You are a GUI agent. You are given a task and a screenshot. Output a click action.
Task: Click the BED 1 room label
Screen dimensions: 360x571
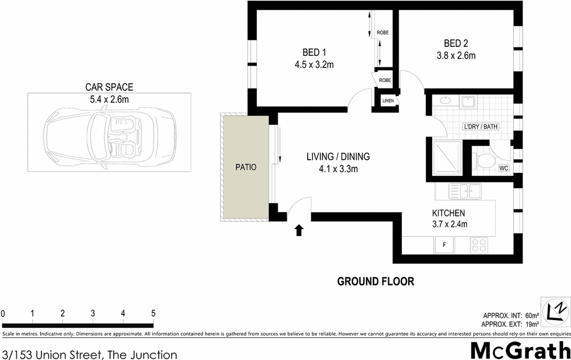click(x=310, y=52)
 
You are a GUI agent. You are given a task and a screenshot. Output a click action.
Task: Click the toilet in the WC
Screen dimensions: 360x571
click(x=485, y=160)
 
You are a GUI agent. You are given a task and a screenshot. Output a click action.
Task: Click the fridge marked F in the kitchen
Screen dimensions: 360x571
click(x=444, y=245)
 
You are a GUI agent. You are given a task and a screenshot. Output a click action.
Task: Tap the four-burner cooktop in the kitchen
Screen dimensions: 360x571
click(x=478, y=245)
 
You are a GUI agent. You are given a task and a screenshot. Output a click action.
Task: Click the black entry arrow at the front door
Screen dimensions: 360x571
click(x=299, y=230)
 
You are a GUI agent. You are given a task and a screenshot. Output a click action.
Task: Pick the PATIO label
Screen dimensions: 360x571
click(x=246, y=168)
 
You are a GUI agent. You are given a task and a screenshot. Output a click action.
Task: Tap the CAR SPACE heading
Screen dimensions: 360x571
click(x=109, y=87)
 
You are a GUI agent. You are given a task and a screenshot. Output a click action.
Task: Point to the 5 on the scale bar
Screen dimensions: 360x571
click(x=153, y=313)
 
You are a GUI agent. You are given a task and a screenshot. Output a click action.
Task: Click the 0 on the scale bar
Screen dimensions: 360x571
click(x=3, y=313)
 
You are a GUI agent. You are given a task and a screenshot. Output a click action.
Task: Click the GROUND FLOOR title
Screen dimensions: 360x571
click(x=375, y=281)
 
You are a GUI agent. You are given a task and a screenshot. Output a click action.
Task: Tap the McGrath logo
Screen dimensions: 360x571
click(x=519, y=349)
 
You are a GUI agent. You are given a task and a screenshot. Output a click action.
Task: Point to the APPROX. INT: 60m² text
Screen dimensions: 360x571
click(x=510, y=315)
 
